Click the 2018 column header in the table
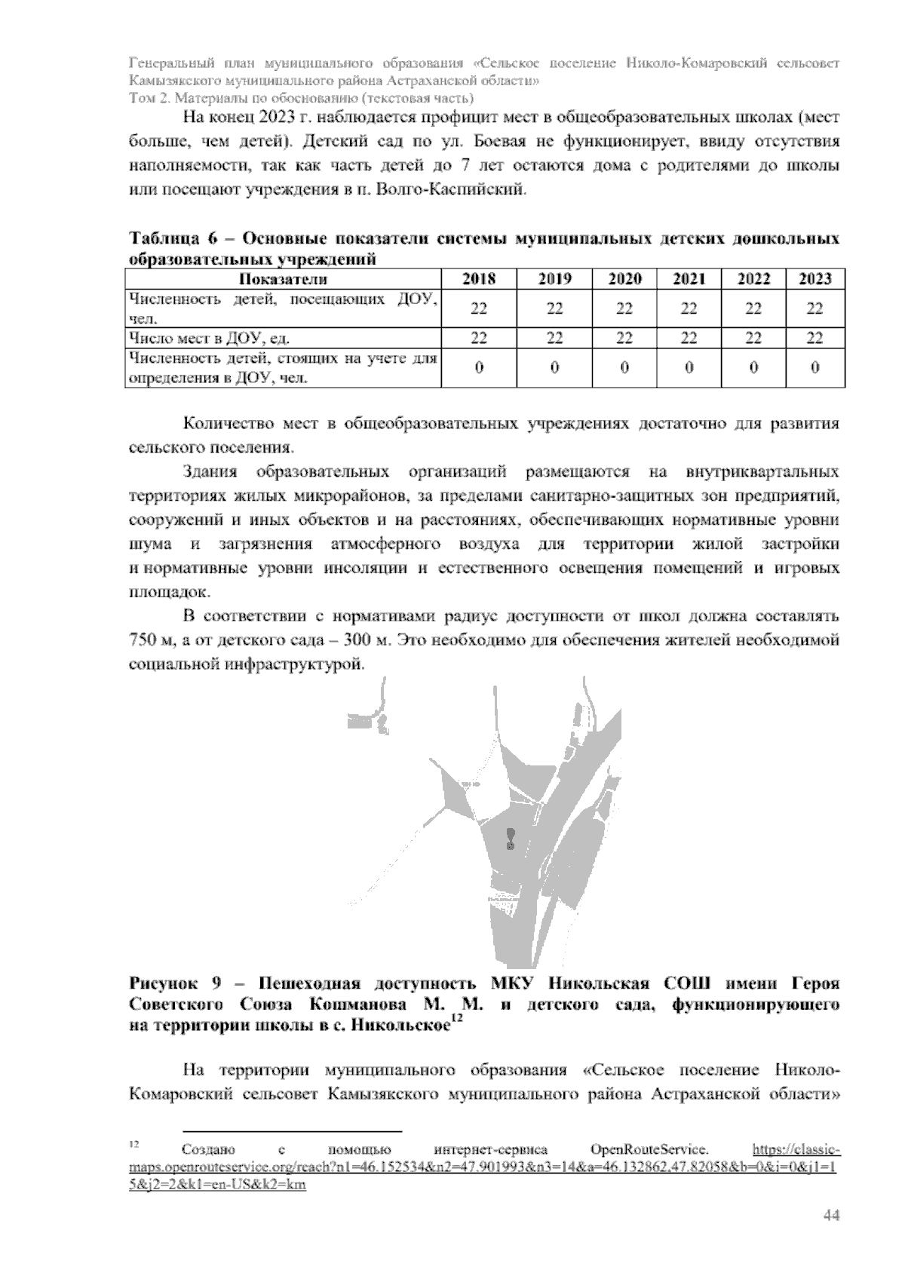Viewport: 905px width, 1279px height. point(478,279)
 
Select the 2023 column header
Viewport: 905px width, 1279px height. point(814,279)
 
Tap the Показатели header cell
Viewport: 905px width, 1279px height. point(283,279)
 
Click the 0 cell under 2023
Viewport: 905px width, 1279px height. point(814,368)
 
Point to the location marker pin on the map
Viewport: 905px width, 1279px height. point(511,838)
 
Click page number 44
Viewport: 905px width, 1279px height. point(831,1216)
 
